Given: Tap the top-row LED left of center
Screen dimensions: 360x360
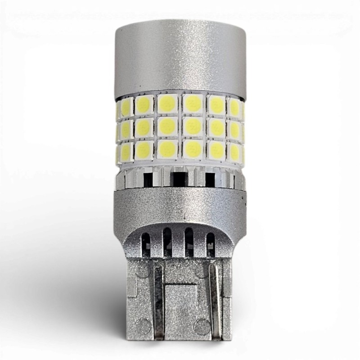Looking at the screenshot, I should tap(167, 104).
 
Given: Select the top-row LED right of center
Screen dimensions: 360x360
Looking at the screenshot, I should tap(193, 104).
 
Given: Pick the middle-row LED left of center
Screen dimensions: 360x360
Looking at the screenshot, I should tap(167, 126).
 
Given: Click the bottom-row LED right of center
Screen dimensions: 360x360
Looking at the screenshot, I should tap(193, 149).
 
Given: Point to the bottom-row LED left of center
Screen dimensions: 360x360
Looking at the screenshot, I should tap(167, 149).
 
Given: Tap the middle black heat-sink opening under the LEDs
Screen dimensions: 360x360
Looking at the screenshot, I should tap(179, 180).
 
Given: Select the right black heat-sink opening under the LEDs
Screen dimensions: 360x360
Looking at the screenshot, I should tap(210, 180).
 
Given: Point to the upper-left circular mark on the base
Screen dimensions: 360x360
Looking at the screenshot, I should tap(143, 270).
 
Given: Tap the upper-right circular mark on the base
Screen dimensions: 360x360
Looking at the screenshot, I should tap(202, 270).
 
